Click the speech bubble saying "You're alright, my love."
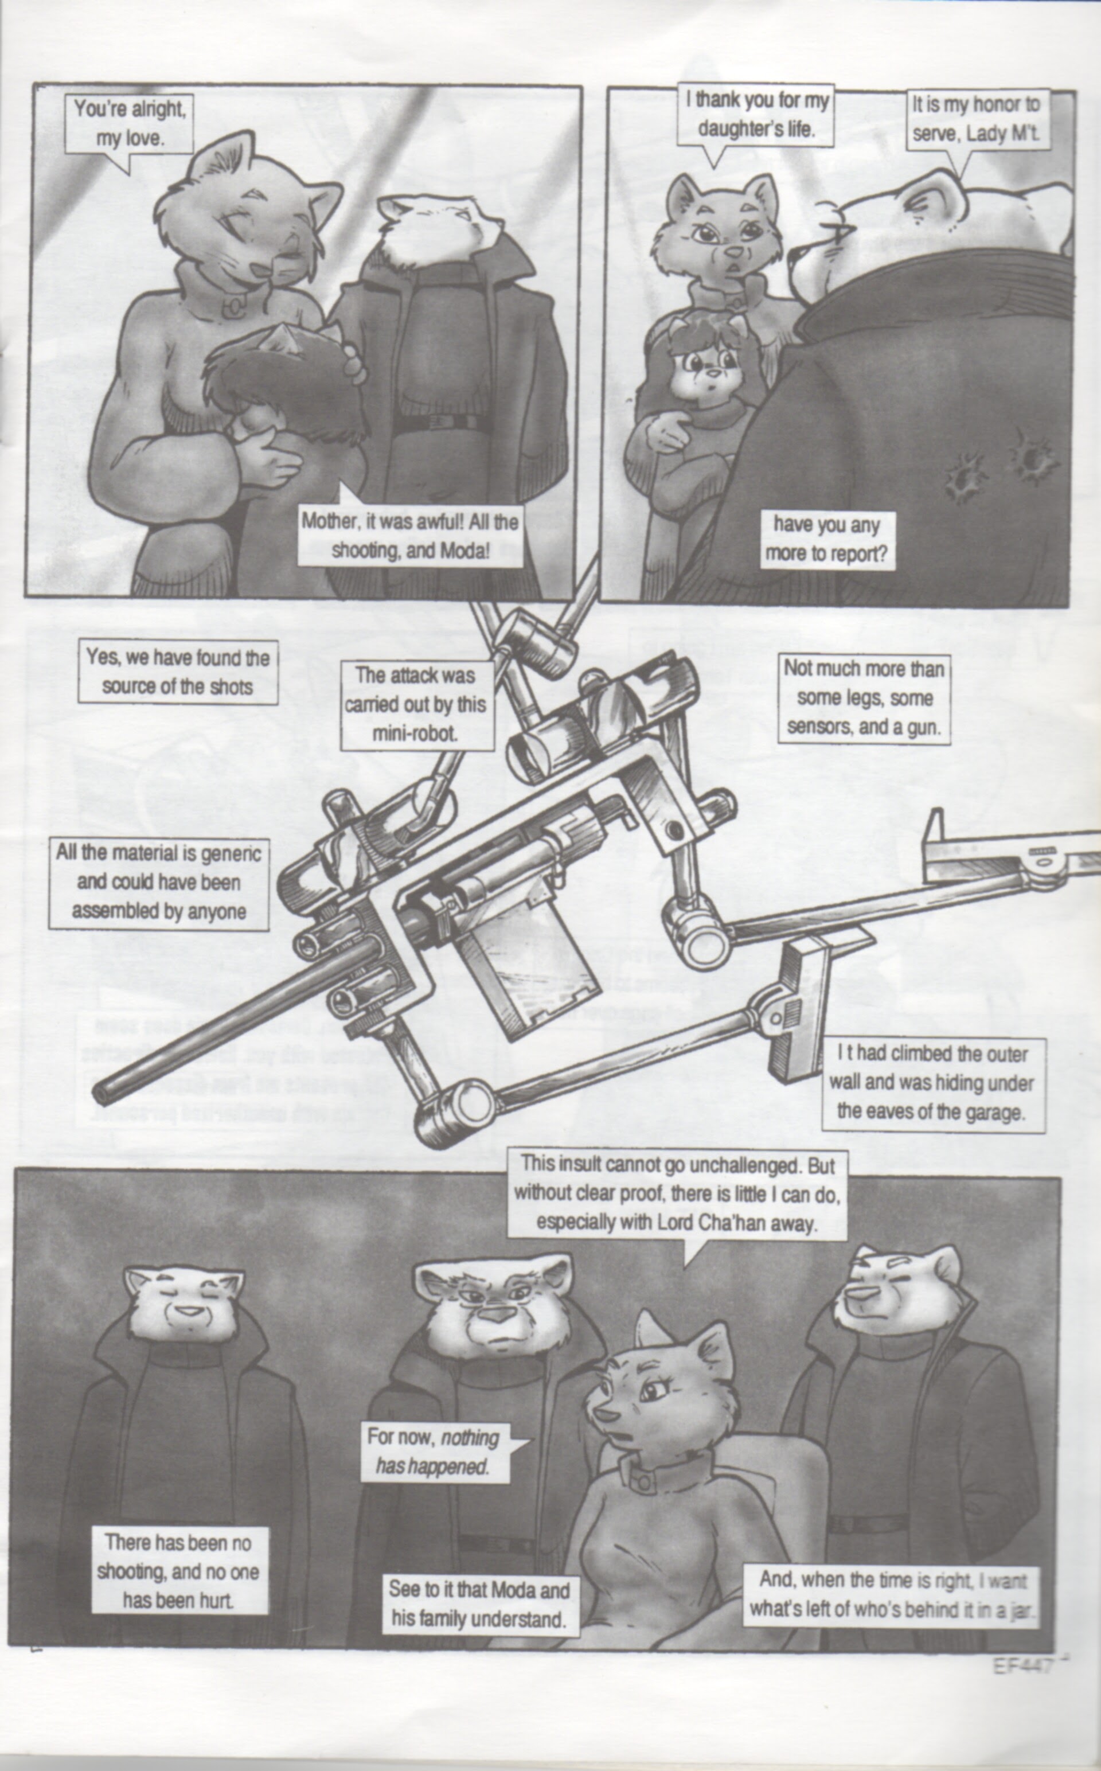pyautogui.click(x=130, y=124)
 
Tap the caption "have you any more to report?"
pyautogui.click(x=826, y=540)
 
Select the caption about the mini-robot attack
pyautogui.click(x=415, y=704)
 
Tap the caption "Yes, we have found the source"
pyautogui.click(x=178, y=672)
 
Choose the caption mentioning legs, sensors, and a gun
pyautogui.click(x=864, y=697)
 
